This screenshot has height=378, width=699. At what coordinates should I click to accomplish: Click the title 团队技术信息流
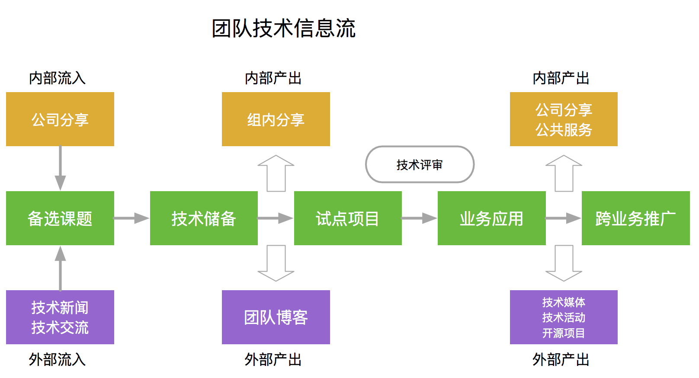tap(283, 29)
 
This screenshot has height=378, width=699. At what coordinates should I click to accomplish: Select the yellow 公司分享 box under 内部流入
tap(60, 119)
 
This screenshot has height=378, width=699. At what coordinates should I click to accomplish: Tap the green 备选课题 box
tap(60, 218)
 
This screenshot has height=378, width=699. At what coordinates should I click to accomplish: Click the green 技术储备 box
tap(204, 218)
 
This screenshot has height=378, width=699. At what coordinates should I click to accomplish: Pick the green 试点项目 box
tap(348, 218)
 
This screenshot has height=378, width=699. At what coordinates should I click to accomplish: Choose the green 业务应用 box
tap(491, 218)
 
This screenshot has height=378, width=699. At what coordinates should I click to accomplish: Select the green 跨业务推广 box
tap(635, 218)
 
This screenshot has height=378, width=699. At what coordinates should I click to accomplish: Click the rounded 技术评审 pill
tap(420, 164)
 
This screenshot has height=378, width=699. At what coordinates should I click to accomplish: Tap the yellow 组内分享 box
tap(276, 119)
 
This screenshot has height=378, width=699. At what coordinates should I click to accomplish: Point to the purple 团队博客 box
tap(276, 317)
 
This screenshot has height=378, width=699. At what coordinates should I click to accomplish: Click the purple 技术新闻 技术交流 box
tap(60, 317)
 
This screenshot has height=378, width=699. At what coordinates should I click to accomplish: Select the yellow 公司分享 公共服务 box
tap(564, 119)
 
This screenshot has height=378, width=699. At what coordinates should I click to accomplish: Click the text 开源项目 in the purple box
tap(564, 333)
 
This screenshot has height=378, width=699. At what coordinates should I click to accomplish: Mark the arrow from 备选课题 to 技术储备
tap(131, 218)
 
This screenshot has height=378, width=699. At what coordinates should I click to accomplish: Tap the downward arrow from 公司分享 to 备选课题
tap(60, 168)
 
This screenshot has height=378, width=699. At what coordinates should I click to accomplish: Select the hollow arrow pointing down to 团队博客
tap(276, 263)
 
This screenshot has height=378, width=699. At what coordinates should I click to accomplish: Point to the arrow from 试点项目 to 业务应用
tap(419, 218)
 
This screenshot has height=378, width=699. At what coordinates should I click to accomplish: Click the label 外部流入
tap(57, 359)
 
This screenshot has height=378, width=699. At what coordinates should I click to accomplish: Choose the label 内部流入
tap(57, 78)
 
